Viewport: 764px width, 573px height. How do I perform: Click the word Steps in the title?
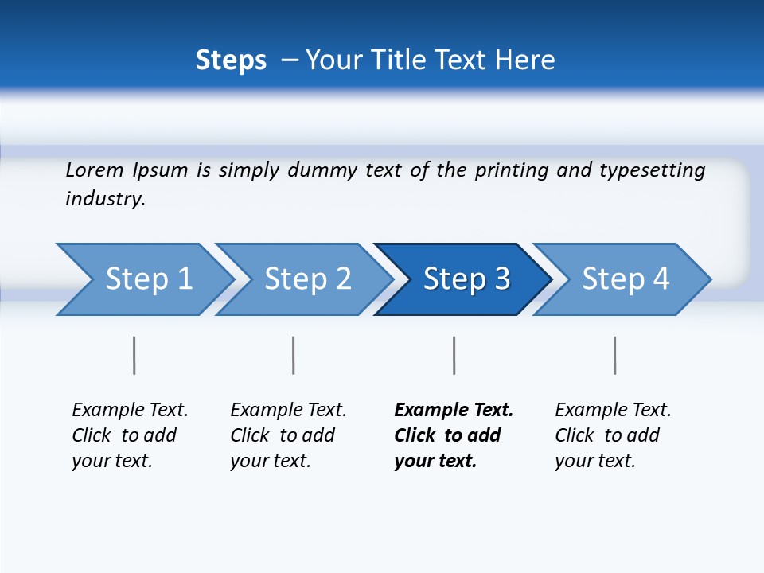click(x=231, y=60)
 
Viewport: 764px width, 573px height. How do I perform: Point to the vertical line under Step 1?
click(x=134, y=355)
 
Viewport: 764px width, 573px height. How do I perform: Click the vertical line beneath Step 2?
click(x=294, y=355)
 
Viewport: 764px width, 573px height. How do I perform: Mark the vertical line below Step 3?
click(x=454, y=355)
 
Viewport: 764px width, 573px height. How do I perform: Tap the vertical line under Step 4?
click(x=614, y=355)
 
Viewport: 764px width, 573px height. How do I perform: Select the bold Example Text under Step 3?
click(x=453, y=435)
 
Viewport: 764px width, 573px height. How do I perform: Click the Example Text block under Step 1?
click(x=130, y=435)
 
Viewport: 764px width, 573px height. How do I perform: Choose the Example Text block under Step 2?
click(x=288, y=435)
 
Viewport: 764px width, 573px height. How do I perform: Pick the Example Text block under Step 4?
click(x=613, y=435)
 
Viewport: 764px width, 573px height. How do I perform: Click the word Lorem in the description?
click(x=95, y=170)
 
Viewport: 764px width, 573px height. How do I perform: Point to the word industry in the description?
click(x=105, y=198)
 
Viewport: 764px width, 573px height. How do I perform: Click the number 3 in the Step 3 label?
click(x=501, y=279)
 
